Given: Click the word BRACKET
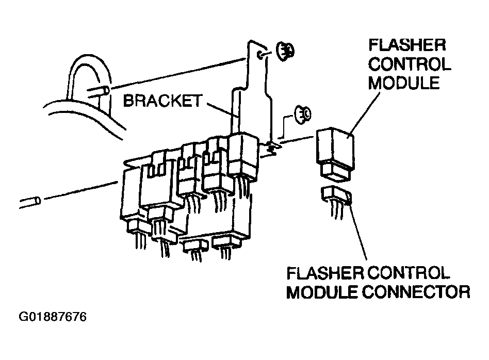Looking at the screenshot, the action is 162,101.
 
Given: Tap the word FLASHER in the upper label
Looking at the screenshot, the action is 407,45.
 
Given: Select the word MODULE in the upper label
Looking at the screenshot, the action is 404,83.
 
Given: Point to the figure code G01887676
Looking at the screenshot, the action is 53,317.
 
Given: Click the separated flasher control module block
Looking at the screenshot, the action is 335,154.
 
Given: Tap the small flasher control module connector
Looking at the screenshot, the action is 336,195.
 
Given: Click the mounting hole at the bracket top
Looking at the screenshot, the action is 260,55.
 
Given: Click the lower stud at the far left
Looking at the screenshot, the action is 30,202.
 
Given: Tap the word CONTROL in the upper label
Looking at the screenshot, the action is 410,64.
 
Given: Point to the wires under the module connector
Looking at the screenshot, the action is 337,211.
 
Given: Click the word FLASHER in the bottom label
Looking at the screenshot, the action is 325,273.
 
